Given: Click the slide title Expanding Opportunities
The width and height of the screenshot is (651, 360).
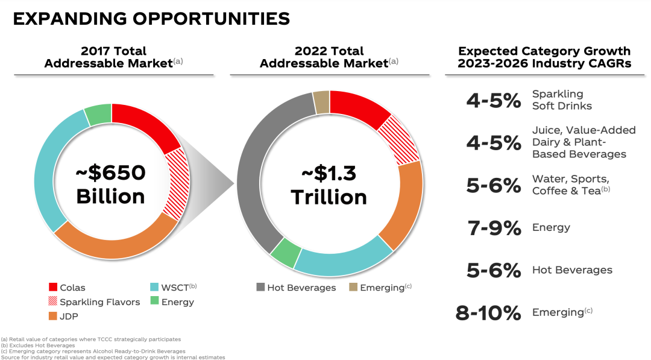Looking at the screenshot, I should point(151,19).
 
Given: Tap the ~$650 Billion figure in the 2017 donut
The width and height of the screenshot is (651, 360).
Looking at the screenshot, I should point(110,185).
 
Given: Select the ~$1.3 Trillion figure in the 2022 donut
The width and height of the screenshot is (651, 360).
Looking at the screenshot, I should point(329,185).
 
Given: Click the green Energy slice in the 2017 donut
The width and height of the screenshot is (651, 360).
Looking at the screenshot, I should point(98,114).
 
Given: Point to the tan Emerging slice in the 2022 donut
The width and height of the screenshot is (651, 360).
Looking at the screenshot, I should point(321,102).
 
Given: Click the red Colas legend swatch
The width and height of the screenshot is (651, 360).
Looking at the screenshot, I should point(53,288).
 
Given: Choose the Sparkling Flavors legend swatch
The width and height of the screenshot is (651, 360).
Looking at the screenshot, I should point(53,302).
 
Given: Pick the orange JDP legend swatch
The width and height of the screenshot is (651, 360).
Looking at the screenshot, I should point(53,315).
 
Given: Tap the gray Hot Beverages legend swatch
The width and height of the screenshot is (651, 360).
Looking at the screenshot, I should point(260,288).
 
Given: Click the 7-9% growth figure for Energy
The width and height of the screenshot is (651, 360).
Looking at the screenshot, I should point(494,228).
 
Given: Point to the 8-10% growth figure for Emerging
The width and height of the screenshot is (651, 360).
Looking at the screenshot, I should point(488,313).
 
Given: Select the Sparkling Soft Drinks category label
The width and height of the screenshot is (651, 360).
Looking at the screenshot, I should point(562,100).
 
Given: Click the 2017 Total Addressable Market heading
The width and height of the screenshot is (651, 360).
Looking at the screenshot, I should point(113,57).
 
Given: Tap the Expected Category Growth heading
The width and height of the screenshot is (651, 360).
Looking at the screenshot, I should point(544,57).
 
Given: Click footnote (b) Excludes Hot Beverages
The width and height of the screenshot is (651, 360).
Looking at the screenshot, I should point(38,346).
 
